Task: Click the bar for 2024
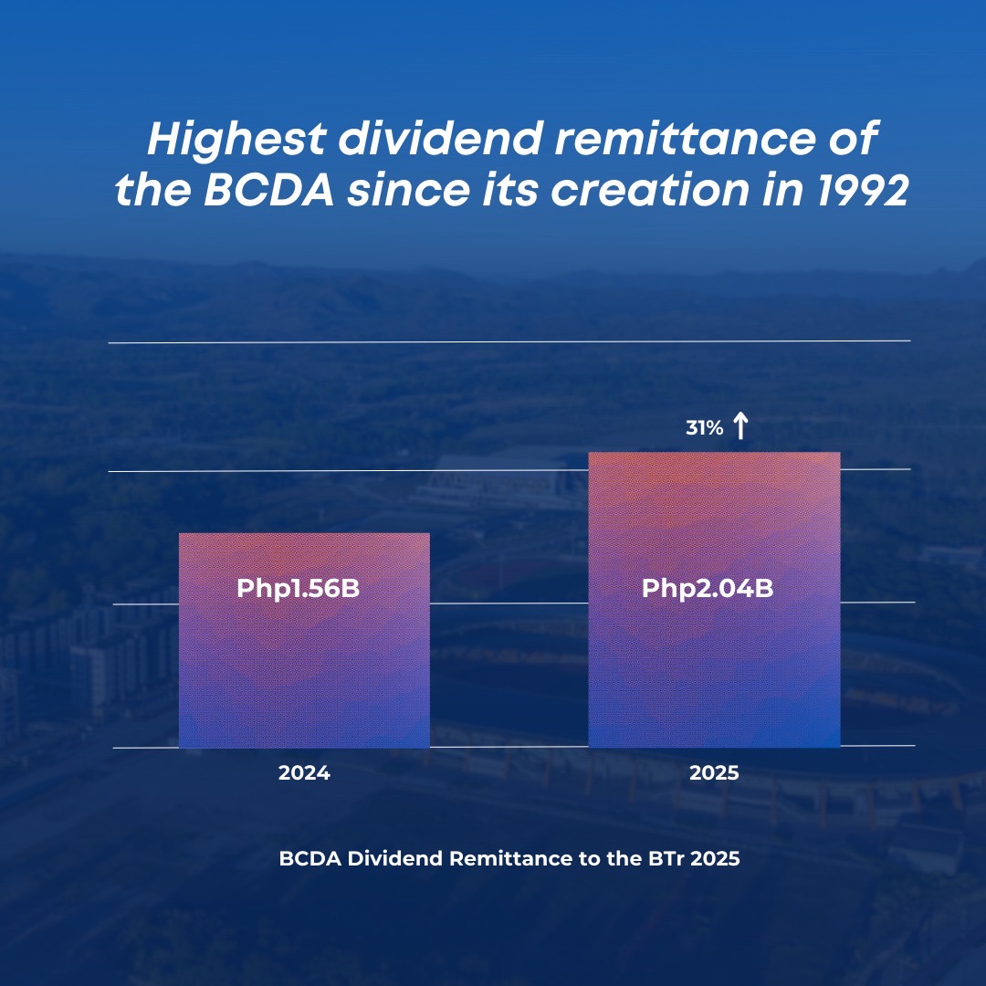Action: click(304, 640)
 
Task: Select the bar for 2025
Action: click(714, 600)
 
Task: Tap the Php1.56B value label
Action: click(298, 589)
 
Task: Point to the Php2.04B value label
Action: click(708, 589)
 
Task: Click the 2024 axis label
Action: click(304, 773)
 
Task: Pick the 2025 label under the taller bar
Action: click(714, 773)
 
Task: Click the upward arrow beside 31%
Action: click(740, 425)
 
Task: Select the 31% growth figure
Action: click(704, 428)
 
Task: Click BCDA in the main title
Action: click(268, 189)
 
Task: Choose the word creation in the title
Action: click(650, 189)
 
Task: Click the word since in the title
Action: click(409, 189)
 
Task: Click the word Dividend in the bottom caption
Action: click(395, 858)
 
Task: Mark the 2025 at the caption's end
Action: click(715, 858)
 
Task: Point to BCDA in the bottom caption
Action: click(310, 858)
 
